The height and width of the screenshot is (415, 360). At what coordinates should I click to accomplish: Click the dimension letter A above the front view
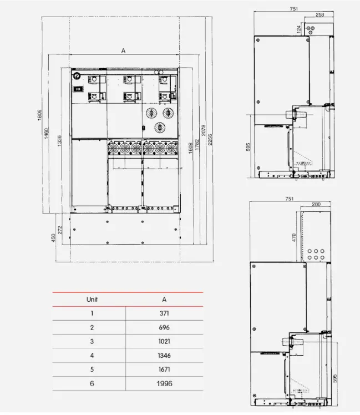tap(123, 50)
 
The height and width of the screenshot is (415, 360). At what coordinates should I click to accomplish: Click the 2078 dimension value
tap(204, 130)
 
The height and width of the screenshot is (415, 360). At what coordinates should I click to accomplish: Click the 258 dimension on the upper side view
tap(320, 14)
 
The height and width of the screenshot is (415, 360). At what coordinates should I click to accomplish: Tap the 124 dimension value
tap(298, 28)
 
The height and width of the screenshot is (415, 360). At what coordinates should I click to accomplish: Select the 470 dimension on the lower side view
tap(294, 237)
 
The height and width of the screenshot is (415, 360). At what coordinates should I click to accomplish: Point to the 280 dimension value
tap(316, 205)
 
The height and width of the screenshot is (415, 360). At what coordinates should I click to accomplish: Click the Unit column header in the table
tap(92, 299)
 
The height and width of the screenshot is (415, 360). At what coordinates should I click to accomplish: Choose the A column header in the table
tap(164, 299)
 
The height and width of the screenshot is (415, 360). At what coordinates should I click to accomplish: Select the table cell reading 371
tap(164, 313)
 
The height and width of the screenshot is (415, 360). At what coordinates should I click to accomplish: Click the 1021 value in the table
tap(164, 341)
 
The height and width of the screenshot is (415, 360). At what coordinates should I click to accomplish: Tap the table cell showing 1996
tap(164, 383)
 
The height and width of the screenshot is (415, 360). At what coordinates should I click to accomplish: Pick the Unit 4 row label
tap(92, 355)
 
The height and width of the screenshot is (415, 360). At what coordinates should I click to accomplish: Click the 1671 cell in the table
tap(164, 370)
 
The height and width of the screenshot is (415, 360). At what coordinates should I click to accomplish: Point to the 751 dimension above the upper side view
tap(292, 9)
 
